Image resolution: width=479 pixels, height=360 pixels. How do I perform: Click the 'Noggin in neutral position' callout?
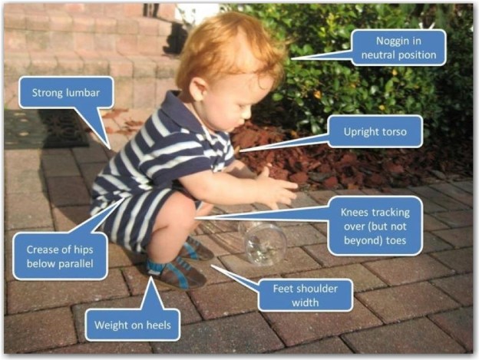tap(398, 48)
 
